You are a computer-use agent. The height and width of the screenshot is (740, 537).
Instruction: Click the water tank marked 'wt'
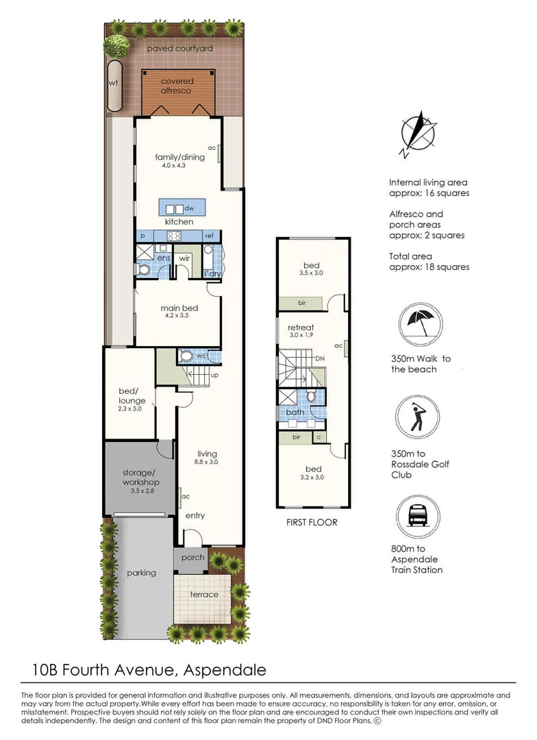(x=114, y=85)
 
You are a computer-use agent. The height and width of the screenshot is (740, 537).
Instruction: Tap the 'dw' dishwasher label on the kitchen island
(x=190, y=208)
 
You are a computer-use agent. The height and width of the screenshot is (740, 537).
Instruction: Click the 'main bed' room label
(x=175, y=308)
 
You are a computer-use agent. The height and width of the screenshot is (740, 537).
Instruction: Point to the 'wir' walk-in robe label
(x=184, y=258)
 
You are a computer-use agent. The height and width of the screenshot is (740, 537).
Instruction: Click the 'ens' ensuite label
(x=164, y=258)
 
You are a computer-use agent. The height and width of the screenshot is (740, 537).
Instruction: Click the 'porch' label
(x=192, y=557)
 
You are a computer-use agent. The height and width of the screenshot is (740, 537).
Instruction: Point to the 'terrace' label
(x=204, y=594)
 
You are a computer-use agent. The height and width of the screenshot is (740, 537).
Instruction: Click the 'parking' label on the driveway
(x=141, y=573)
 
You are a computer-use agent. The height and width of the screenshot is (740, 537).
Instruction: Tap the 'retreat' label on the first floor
(x=301, y=327)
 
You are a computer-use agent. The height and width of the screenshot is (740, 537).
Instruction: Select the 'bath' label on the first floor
(x=295, y=412)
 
